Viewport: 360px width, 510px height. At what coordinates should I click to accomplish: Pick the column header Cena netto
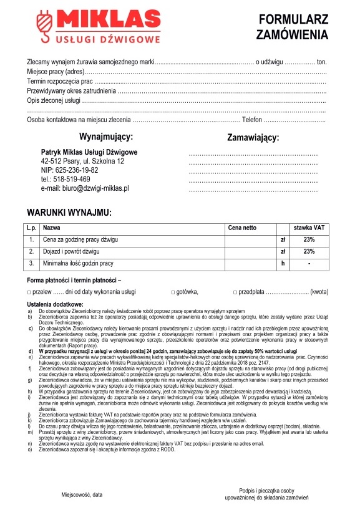pos(243,228)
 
